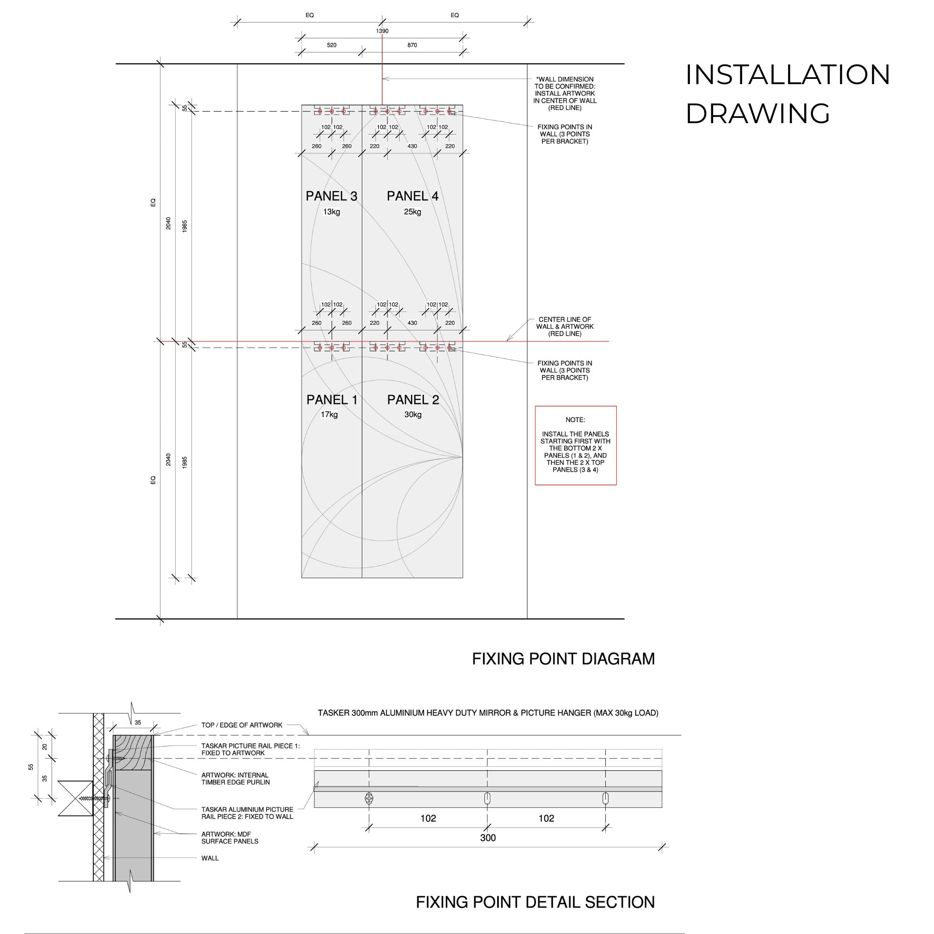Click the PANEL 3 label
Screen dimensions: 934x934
[x=331, y=196]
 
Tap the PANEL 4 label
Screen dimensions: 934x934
[x=412, y=196]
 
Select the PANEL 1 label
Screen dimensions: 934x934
[x=332, y=400]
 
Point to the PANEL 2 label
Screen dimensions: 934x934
[x=413, y=400]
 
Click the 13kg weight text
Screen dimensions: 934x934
[x=332, y=212]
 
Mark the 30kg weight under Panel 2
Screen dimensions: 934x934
[x=413, y=414]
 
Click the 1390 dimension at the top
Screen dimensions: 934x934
[x=382, y=31]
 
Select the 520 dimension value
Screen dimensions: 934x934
[x=332, y=45]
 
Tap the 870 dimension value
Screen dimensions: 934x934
[x=412, y=45]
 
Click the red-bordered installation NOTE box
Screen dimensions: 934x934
[x=575, y=445]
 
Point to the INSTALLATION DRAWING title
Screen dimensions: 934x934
[x=788, y=94]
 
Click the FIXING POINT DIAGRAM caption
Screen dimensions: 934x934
[x=563, y=659]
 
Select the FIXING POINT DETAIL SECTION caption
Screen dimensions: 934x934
[x=535, y=902]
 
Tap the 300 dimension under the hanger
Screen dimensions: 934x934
[x=488, y=838]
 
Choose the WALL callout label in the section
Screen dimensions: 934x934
[x=210, y=858]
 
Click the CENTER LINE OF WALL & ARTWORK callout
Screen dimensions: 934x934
[x=565, y=327]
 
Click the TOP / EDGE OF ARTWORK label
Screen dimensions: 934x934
[x=242, y=725]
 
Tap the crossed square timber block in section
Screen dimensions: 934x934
[x=75, y=798]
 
